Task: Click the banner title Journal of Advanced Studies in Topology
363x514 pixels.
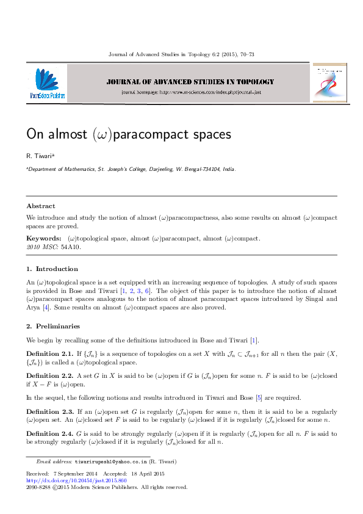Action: click(x=190, y=81)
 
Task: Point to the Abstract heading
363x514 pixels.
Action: click(x=41, y=206)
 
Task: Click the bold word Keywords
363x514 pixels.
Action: click(x=43, y=238)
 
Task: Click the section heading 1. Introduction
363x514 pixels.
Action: click(x=52, y=269)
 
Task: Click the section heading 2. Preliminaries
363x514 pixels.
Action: click(x=54, y=326)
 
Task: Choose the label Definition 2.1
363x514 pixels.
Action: click(x=49, y=354)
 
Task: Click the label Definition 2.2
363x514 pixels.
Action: click(x=49, y=376)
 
